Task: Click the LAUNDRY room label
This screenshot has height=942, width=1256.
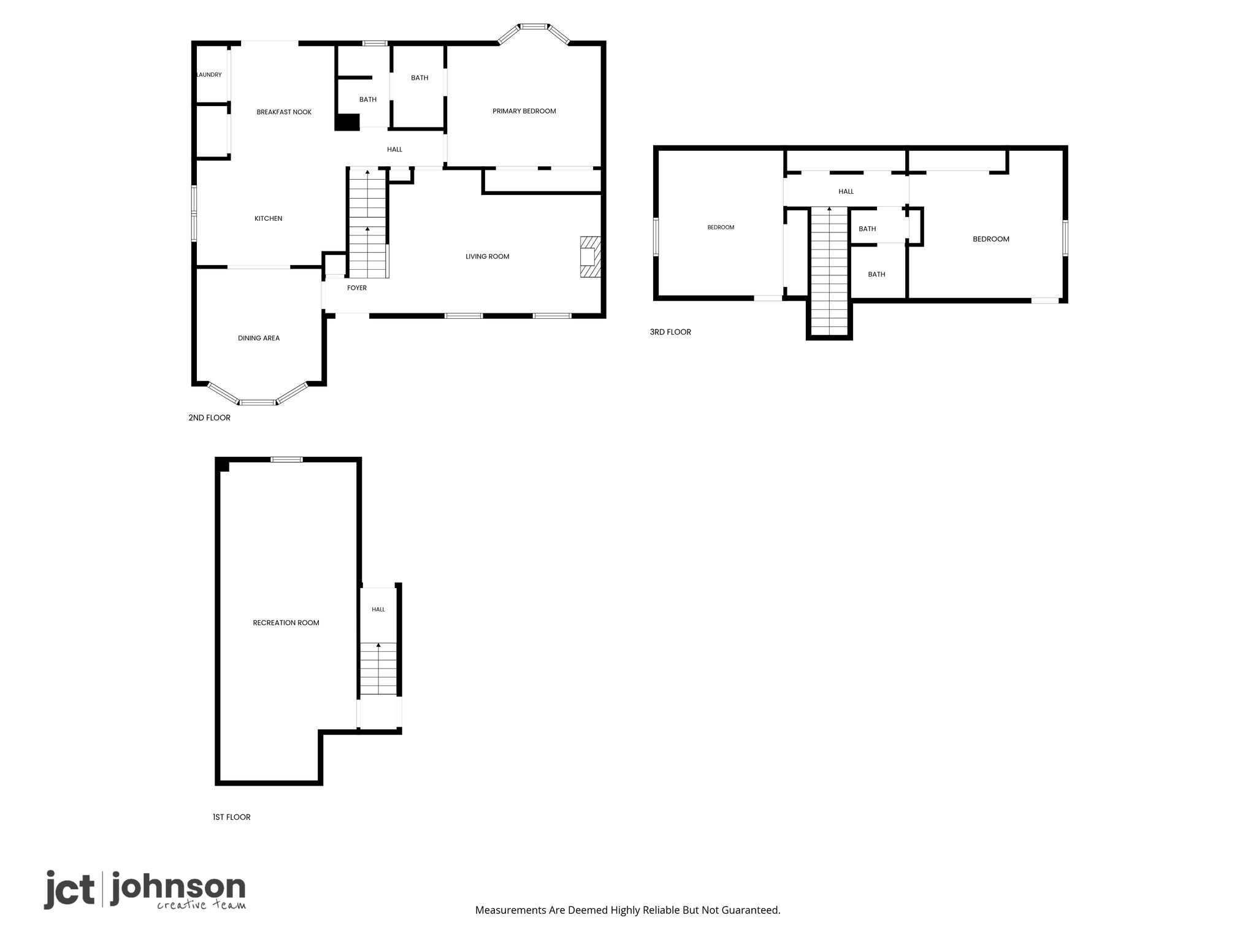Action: tap(209, 75)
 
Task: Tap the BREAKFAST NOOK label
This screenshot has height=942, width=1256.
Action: tap(284, 112)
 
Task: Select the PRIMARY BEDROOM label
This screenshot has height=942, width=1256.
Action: tap(524, 111)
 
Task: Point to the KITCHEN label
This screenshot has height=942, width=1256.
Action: tap(269, 218)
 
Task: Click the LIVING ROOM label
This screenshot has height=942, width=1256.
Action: tap(488, 256)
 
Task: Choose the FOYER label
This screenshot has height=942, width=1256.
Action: tap(357, 288)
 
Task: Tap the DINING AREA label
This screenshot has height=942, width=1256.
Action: tap(259, 338)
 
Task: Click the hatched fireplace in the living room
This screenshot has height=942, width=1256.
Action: tap(591, 258)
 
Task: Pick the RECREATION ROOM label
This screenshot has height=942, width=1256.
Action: tap(286, 622)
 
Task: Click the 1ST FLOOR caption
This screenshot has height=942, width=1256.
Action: tap(232, 817)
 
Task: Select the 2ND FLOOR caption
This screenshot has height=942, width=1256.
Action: tap(210, 418)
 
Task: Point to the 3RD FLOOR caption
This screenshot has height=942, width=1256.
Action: tap(670, 332)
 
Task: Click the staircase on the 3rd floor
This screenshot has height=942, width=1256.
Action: tap(829, 271)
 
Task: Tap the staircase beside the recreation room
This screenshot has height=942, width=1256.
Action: tap(378, 668)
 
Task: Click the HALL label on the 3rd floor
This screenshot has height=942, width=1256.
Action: tap(846, 191)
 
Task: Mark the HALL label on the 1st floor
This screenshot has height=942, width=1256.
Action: tap(378, 610)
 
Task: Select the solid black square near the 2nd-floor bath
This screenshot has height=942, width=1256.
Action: tap(347, 122)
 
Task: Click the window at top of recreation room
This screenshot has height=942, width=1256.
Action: tap(287, 459)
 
